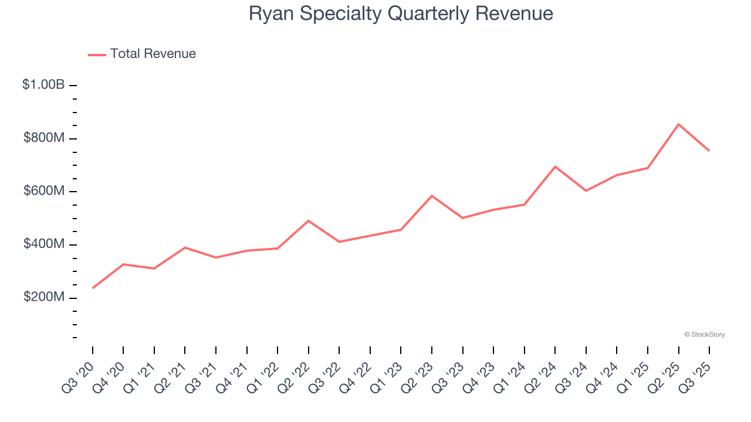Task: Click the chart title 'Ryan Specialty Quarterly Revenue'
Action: [401, 13]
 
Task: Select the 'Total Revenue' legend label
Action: [153, 54]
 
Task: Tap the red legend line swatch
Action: [97, 55]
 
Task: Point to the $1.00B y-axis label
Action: [43, 85]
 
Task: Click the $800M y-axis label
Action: [44, 138]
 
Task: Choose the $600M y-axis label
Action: [44, 192]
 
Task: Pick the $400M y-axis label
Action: [44, 244]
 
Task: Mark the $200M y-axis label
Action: [44, 298]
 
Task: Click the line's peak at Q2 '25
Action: [678, 124]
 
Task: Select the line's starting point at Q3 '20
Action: [93, 288]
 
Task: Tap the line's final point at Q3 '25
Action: [709, 151]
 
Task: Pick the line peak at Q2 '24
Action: [555, 166]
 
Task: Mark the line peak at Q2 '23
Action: [432, 196]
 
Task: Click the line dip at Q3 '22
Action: [339, 241]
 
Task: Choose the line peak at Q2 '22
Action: [309, 221]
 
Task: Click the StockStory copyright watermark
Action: [704, 335]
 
